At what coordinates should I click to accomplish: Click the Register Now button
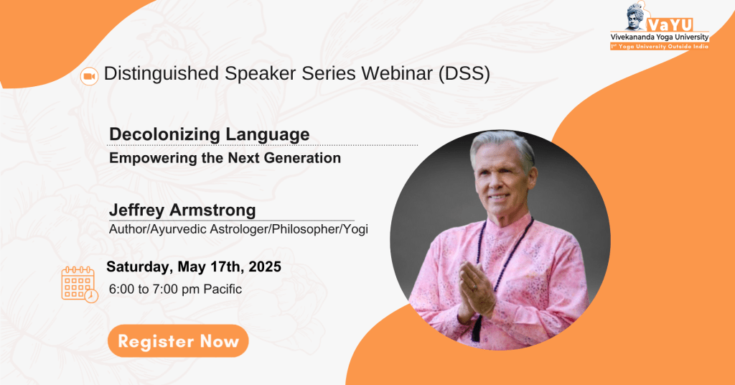(x=178, y=341)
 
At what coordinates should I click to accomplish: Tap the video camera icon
(x=89, y=76)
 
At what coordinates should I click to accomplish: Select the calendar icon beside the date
(x=79, y=284)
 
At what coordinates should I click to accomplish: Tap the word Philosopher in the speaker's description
(x=306, y=229)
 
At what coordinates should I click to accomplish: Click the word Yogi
(x=356, y=229)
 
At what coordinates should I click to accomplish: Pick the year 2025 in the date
(x=265, y=266)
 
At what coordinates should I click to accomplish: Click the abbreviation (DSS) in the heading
(x=464, y=74)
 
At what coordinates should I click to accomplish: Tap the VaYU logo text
(x=670, y=25)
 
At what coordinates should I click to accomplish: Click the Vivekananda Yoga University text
(x=660, y=37)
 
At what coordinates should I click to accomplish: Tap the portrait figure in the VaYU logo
(x=636, y=18)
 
